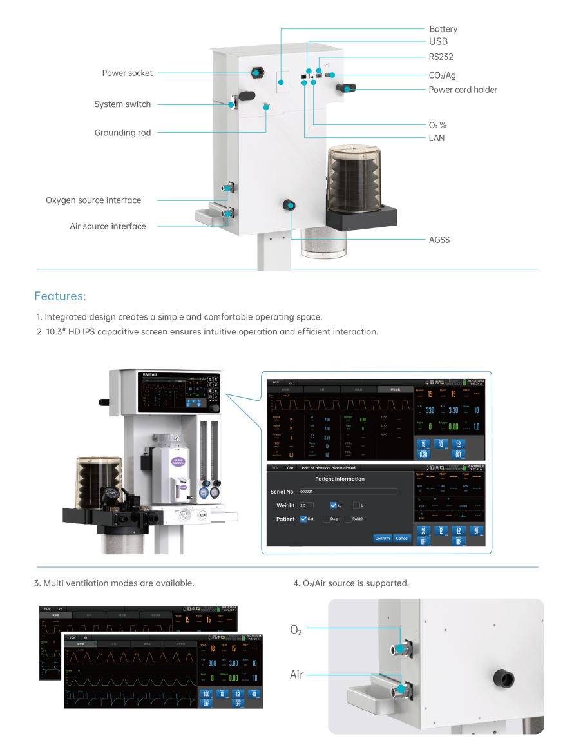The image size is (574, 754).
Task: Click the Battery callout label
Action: click(x=443, y=29)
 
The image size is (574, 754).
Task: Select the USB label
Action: click(x=438, y=42)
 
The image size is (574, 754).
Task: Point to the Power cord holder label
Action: click(x=463, y=90)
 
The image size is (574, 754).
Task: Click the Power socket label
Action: click(x=128, y=73)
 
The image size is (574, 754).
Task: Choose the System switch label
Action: click(x=122, y=104)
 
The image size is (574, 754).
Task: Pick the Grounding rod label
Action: click(x=122, y=133)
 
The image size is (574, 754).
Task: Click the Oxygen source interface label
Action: click(x=93, y=200)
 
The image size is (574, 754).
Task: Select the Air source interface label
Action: click(x=108, y=226)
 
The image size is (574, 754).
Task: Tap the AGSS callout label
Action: click(x=439, y=240)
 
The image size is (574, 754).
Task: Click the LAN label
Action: click(x=437, y=138)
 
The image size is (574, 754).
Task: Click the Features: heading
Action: click(x=60, y=296)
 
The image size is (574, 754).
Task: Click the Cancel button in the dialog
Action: click(x=402, y=538)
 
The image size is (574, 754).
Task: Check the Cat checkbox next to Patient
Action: click(x=303, y=519)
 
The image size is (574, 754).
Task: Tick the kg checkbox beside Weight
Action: click(x=333, y=505)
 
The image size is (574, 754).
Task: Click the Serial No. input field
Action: click(x=348, y=492)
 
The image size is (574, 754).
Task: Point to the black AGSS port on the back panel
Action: click(x=290, y=205)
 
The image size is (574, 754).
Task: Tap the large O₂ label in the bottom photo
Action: click(x=296, y=630)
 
